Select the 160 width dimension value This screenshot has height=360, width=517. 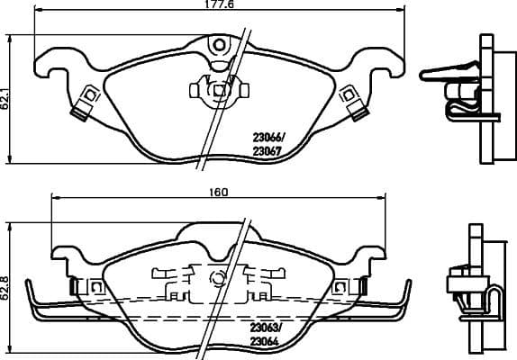(219, 192)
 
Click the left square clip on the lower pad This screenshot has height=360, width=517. (95, 285)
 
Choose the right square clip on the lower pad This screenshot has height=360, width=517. (340, 285)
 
